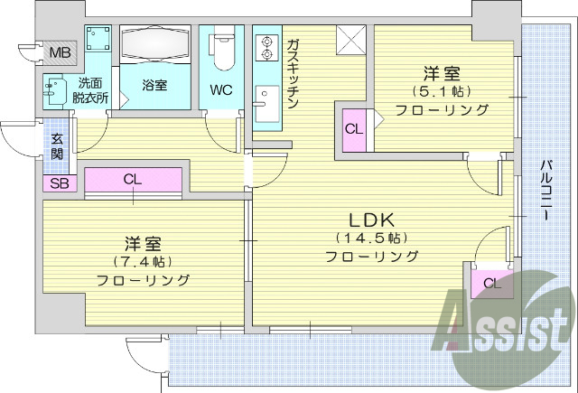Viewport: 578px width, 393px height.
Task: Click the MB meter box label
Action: point(60,51)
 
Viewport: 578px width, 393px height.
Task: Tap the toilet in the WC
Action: point(222,52)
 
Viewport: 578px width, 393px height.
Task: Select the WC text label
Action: point(221,90)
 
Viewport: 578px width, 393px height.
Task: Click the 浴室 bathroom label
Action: point(155,86)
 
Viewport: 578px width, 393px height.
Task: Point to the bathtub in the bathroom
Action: point(155,45)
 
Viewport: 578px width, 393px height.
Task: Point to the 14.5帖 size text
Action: point(371,238)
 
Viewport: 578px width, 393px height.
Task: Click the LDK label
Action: point(371,219)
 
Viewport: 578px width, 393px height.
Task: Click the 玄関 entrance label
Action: point(57,146)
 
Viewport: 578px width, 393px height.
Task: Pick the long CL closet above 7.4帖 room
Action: point(133,179)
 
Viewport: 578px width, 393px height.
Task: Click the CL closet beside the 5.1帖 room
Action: point(353,128)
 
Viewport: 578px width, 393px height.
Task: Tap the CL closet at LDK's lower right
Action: point(491,284)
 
